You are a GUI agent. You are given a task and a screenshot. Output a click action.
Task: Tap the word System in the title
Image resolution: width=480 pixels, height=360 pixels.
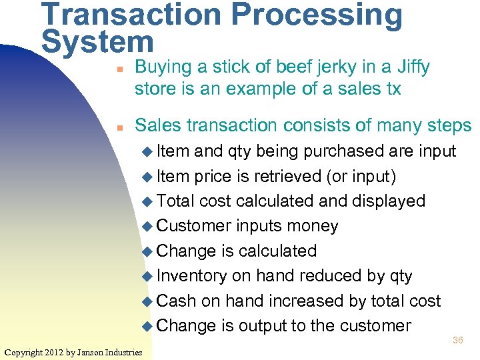pos(97,42)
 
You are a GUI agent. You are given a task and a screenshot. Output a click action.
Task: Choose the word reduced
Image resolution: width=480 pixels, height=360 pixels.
pos(319,276)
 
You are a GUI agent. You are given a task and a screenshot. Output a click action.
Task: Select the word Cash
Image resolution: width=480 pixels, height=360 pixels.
pos(176,301)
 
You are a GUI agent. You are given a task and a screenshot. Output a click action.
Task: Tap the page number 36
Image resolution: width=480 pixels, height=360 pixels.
pos(458,340)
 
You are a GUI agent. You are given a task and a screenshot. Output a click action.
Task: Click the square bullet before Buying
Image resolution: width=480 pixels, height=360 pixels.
pos(117,68)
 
